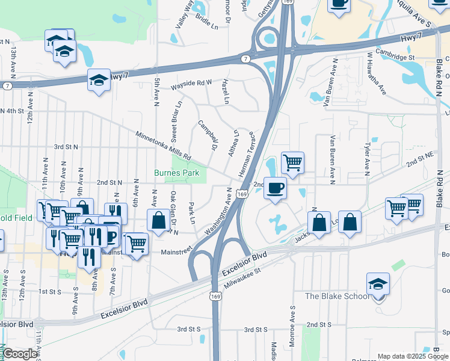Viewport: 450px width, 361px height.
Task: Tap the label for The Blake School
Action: [x=334, y=295]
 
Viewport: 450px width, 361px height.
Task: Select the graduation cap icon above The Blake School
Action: [x=378, y=284]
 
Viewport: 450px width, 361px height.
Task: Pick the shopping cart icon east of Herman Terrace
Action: [x=292, y=162]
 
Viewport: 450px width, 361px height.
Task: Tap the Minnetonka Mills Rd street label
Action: [x=163, y=143]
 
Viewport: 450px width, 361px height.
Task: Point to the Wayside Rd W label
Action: [x=191, y=82]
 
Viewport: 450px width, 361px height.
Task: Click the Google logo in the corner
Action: [x=20, y=354]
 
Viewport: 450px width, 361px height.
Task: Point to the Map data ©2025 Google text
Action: [x=412, y=356]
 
